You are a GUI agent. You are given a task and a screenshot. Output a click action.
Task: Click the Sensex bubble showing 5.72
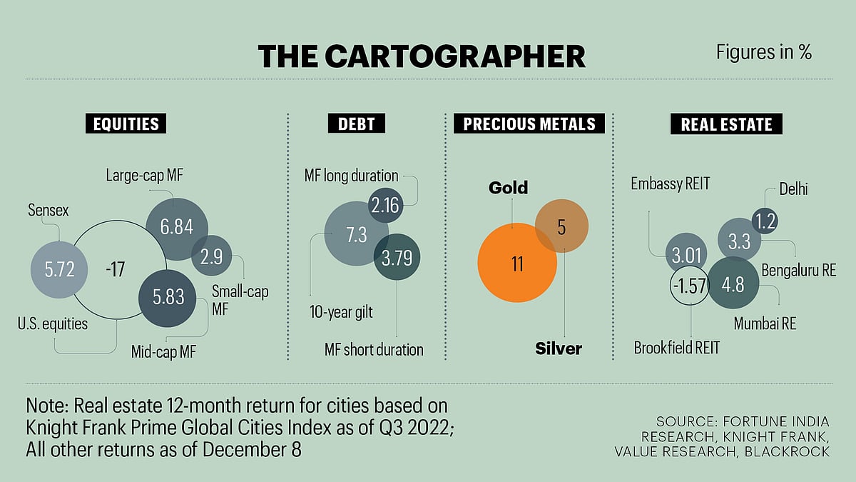[58, 270]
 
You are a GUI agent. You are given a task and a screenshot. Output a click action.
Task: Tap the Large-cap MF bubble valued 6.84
[176, 227]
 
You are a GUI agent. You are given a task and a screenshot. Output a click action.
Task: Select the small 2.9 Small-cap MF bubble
[212, 255]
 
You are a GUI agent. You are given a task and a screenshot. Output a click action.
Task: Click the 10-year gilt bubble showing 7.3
[356, 234]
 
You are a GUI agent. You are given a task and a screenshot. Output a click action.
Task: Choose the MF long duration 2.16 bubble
[386, 206]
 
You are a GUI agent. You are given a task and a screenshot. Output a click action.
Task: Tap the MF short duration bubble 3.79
[397, 257]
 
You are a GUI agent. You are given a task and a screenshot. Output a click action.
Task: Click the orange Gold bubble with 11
[517, 263]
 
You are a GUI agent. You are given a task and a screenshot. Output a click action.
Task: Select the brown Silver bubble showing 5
[561, 226]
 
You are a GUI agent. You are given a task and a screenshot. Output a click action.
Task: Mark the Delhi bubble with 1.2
[765, 221]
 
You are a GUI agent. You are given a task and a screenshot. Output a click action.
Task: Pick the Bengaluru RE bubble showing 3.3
[739, 241]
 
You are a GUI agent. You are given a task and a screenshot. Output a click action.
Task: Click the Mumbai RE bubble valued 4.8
[733, 283]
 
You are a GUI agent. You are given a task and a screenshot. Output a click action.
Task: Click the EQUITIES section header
[126, 124]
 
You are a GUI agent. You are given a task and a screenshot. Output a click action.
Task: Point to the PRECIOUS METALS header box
[529, 124]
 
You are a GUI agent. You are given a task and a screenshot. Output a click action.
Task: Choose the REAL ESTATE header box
[726, 124]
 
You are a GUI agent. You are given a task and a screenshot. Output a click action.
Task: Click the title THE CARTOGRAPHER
[422, 56]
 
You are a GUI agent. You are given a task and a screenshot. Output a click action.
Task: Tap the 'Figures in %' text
[764, 52]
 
